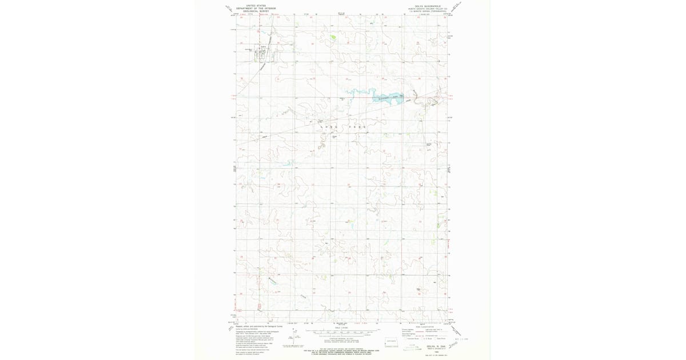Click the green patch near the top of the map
coord(333,38)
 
